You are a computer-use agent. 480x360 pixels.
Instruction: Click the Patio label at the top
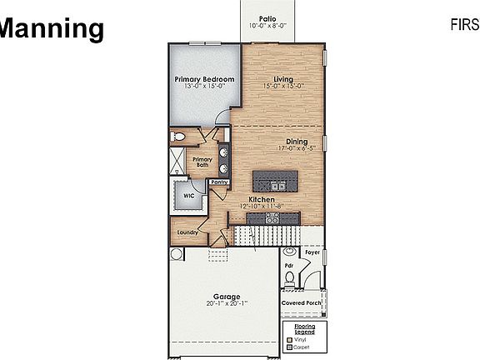point(267,17)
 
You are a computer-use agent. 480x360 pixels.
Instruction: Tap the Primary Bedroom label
point(204,79)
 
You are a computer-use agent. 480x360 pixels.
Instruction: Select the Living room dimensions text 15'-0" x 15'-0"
point(285,86)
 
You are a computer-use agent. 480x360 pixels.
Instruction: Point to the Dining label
point(297,141)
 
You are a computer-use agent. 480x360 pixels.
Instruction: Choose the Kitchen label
point(261,199)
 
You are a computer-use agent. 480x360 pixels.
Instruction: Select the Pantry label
point(220,181)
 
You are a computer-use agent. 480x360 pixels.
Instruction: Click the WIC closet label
point(189,198)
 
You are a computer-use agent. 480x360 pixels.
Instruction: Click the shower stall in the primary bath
point(180,162)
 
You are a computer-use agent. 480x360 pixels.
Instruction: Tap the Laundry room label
point(187,232)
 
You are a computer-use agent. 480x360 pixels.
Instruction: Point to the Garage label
point(226,296)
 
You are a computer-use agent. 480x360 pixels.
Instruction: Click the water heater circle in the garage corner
point(176,253)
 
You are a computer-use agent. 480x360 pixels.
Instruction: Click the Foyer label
point(312,251)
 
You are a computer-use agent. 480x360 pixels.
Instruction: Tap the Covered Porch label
point(300,302)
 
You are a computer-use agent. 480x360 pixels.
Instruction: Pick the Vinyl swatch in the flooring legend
point(288,339)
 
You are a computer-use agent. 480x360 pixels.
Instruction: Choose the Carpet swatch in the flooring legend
point(288,347)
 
